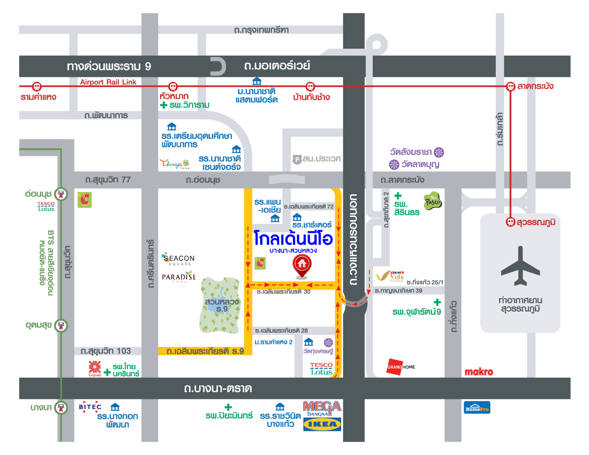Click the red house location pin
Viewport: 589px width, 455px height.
pos(302,265)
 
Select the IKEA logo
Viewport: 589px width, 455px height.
pos(322,425)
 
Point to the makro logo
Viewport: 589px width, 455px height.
pos(478,372)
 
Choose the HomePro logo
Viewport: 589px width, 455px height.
pos(477,408)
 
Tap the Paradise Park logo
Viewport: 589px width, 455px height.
pos(179,277)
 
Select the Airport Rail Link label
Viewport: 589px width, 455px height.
pos(108,82)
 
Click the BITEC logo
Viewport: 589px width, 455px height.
pos(90,407)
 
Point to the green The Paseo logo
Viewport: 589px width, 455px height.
pos(433,201)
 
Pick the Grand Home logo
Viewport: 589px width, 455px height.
pos(401,367)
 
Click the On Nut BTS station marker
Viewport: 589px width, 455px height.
pos(61,194)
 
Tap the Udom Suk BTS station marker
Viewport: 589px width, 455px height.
pos(61,325)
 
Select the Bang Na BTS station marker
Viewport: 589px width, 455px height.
pos(61,407)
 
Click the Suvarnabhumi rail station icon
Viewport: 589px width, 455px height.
pos(510,222)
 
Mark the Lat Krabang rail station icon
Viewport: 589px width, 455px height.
pos(510,86)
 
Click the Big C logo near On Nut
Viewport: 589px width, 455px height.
pos(85,199)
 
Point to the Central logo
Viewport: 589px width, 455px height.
pos(95,368)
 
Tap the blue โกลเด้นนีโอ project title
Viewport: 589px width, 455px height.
pos(293,238)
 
